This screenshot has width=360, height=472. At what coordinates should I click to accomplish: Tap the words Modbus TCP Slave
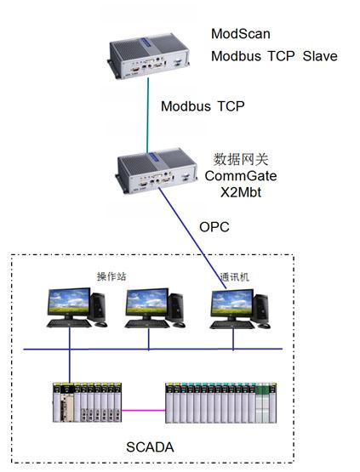tap(274, 56)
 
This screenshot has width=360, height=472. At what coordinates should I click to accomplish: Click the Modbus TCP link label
tap(203, 107)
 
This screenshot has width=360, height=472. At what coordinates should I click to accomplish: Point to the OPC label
tap(213, 228)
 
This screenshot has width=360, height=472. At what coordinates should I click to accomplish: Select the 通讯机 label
tap(234, 276)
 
